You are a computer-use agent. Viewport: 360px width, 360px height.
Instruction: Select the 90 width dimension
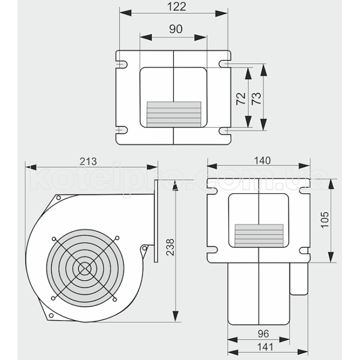175,29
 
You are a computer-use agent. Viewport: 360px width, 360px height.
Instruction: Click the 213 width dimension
88,161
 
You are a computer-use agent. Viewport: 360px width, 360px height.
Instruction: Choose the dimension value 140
262,160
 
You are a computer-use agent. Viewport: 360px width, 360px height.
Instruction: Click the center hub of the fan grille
84,268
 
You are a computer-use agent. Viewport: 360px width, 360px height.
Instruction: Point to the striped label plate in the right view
259,236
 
